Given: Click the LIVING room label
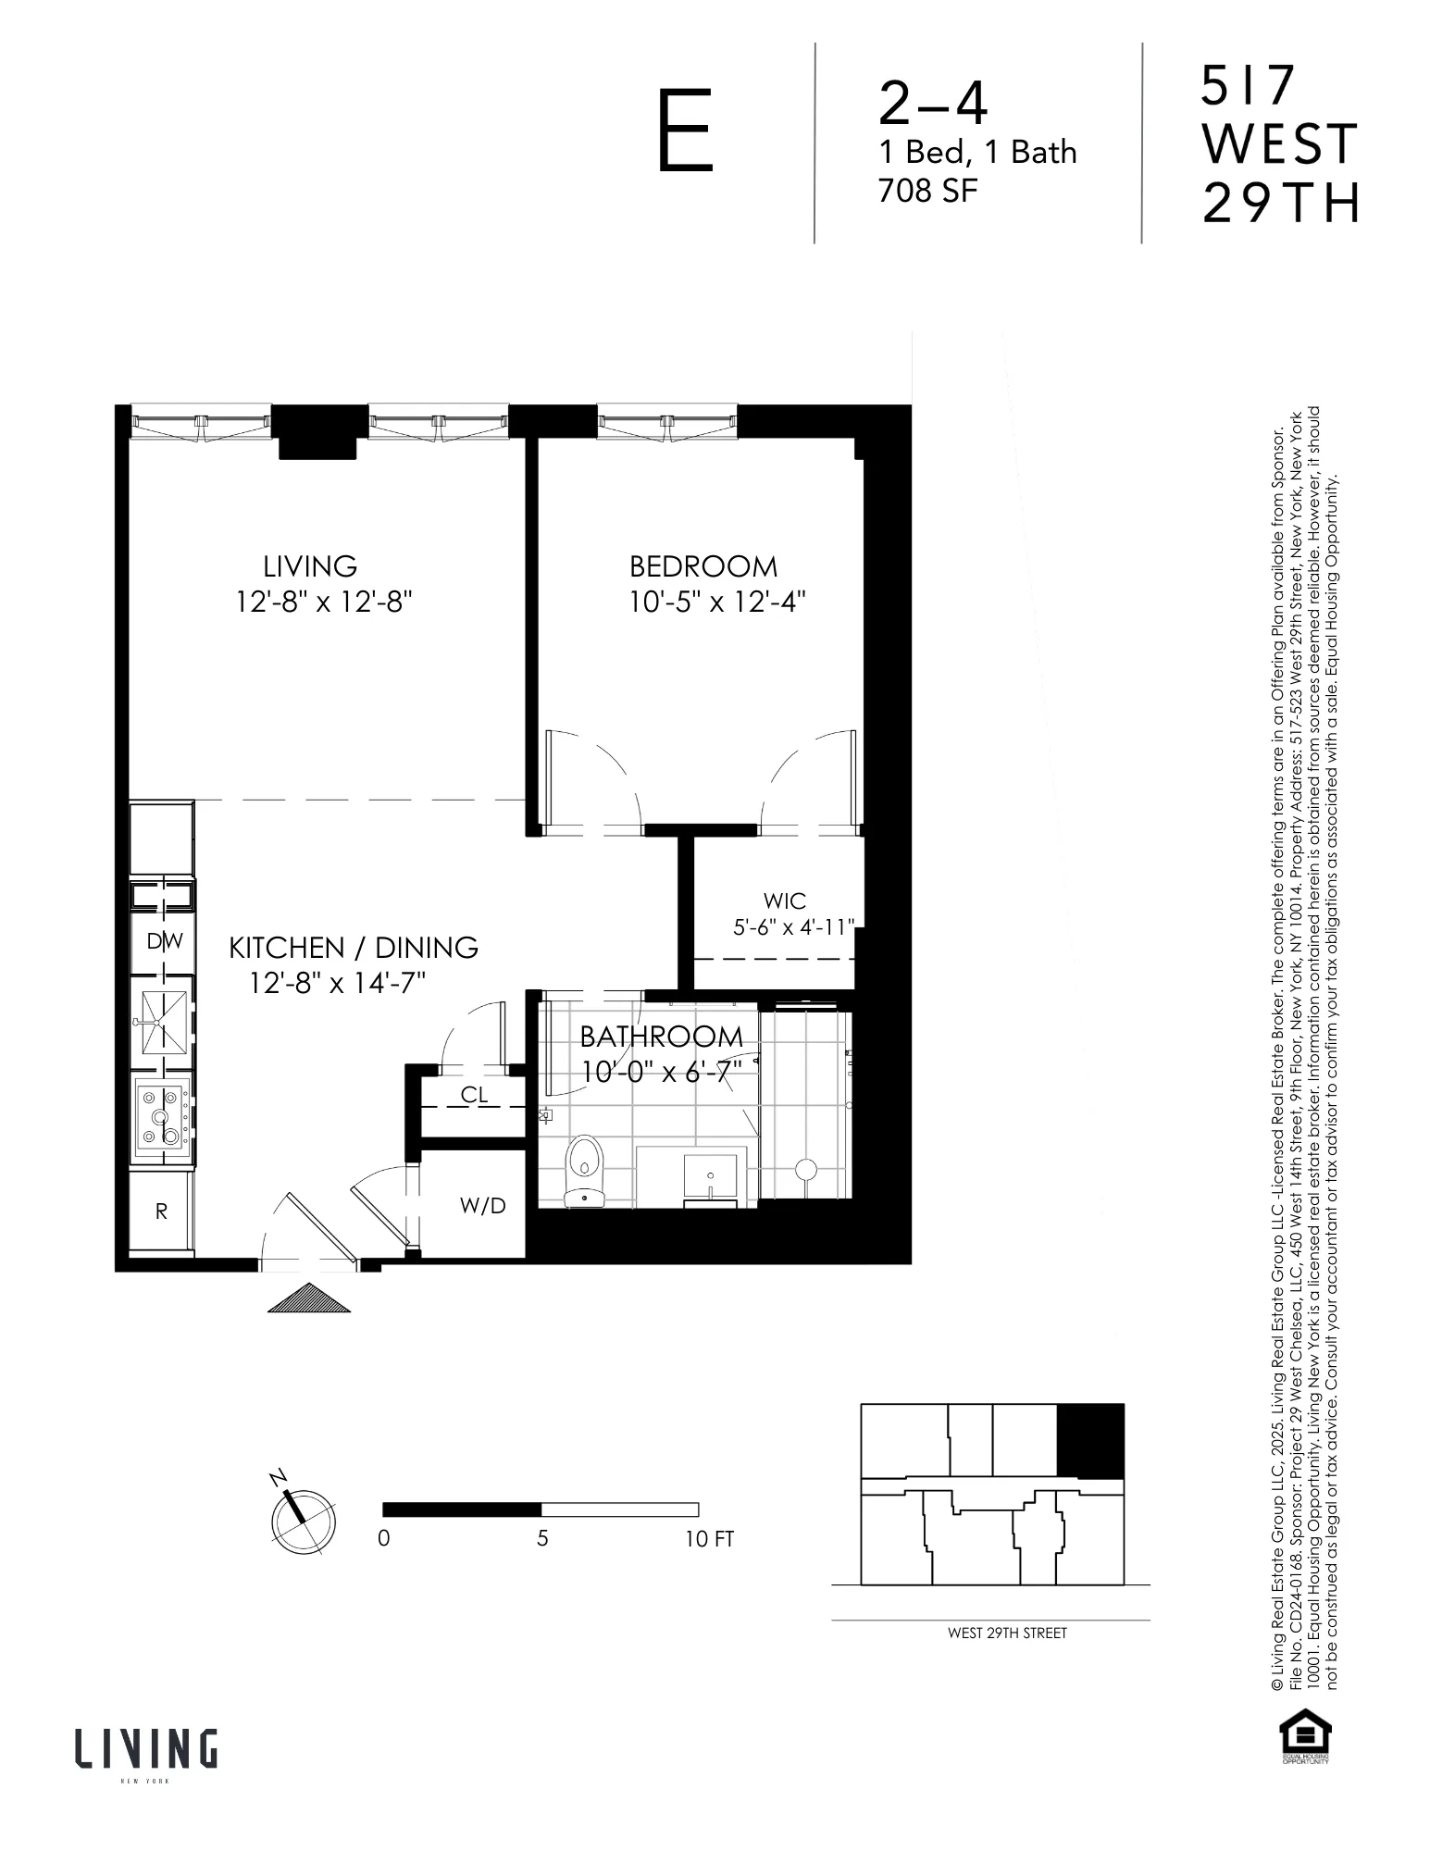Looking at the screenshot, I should point(310,566).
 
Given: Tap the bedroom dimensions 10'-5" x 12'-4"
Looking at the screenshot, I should point(717,603).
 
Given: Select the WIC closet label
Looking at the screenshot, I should point(784,901).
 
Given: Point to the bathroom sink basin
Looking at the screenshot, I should point(710,1174).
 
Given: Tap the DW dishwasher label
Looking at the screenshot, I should point(166,941).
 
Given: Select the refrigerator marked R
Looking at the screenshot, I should point(161,1211).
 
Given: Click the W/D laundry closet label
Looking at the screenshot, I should point(483,1205).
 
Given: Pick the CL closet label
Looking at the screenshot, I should point(474,1095).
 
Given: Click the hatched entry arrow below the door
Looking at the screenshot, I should point(309,1298).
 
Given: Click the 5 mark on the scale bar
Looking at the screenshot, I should point(542,1538).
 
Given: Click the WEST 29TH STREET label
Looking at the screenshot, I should point(1006,1633).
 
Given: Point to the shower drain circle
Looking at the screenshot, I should point(805,1170).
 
